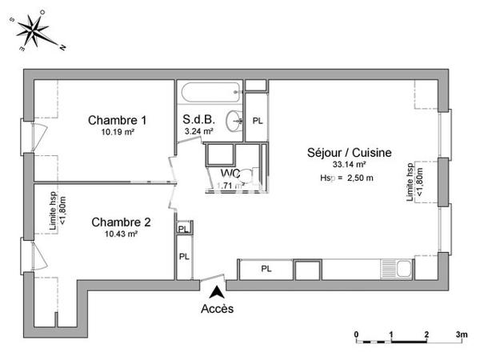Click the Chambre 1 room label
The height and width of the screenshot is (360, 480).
(x=110, y=120)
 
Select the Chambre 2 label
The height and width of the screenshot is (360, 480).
(x=121, y=222)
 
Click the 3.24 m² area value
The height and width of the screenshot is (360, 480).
(x=198, y=131)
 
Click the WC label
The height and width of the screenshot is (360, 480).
(x=230, y=174)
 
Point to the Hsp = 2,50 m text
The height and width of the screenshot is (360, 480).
(x=346, y=178)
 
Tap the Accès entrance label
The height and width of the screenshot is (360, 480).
(x=217, y=309)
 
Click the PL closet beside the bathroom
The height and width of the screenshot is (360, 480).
(x=257, y=120)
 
